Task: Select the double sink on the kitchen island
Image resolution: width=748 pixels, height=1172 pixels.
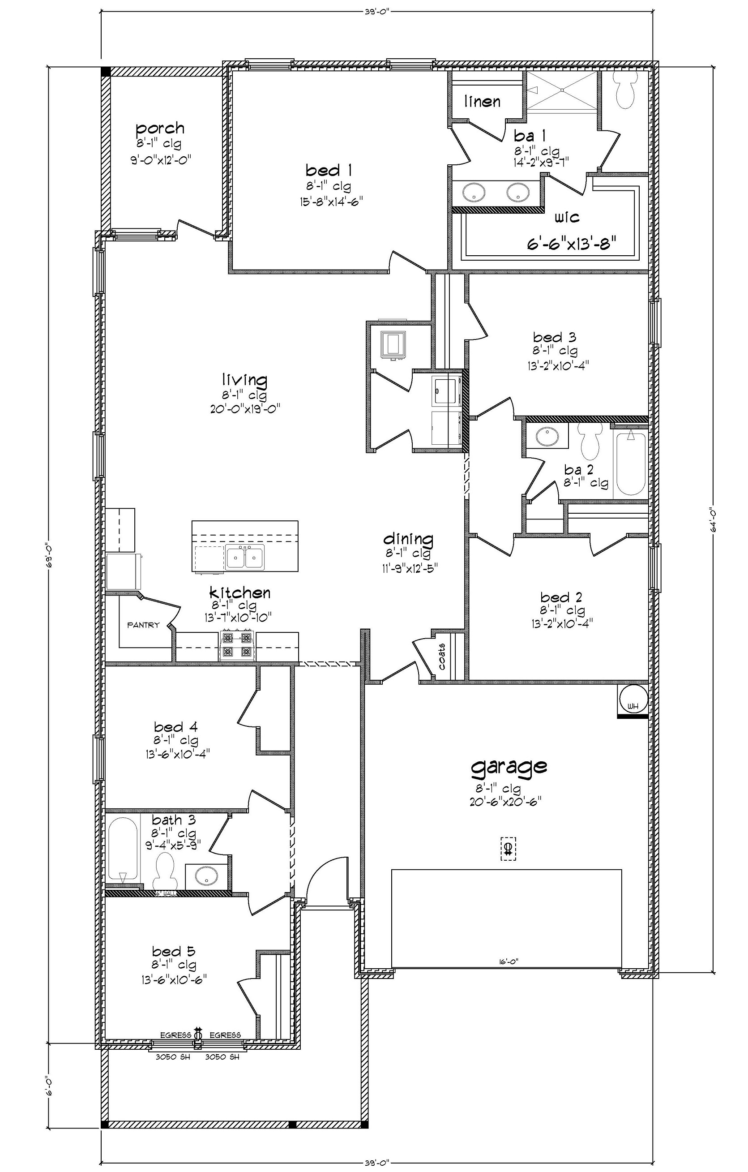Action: click(245, 557)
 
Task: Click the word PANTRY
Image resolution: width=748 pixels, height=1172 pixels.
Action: click(144, 625)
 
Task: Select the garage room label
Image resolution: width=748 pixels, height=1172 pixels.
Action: click(509, 766)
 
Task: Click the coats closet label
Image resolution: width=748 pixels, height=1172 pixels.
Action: click(442, 657)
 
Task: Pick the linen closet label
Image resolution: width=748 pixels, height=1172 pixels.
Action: click(482, 101)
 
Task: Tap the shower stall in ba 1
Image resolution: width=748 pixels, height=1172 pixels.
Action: click(562, 90)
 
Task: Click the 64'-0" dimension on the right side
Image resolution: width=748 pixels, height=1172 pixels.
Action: click(714, 521)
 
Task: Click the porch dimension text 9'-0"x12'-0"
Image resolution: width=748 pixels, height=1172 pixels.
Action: click(161, 159)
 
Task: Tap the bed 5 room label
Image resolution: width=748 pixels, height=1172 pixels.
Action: click(174, 951)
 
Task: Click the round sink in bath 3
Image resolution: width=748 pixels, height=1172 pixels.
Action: click(207, 876)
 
